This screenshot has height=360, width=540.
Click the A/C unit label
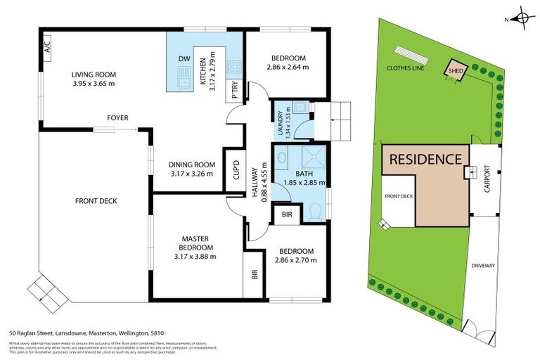click(x=48, y=48)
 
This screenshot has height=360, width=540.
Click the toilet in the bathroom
click(x=316, y=210)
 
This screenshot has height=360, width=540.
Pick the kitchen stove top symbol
click(x=234, y=68)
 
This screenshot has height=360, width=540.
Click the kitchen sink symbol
click(x=184, y=80)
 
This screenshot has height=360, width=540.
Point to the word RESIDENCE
click(x=425, y=160)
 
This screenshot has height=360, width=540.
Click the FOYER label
click(x=117, y=117)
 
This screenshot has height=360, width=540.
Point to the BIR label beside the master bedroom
click(x=253, y=276)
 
